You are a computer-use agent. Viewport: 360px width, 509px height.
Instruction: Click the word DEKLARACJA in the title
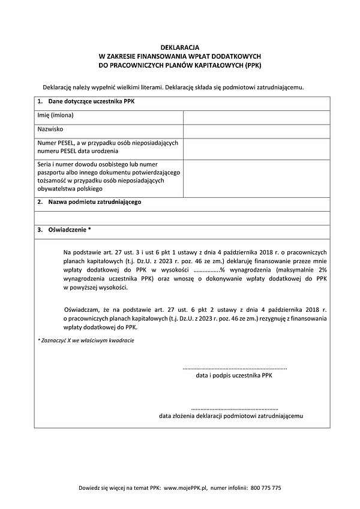[179, 46]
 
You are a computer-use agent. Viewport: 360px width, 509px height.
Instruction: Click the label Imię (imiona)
[55, 115]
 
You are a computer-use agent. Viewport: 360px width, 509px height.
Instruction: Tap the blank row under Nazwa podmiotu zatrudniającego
[179, 218]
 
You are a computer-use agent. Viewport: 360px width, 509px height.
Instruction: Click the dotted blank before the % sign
[206, 270]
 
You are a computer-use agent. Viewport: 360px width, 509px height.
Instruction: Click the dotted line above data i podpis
[234, 368]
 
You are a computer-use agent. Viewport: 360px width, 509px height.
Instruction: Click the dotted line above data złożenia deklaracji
[234, 406]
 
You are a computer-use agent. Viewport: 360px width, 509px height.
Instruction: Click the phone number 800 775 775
[265, 488]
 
